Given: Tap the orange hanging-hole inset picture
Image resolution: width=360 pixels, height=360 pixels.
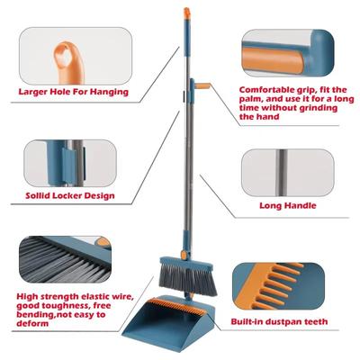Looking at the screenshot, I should [x=67, y=50].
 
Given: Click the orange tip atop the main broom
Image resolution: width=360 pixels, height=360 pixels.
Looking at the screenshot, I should [x=187, y=13].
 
